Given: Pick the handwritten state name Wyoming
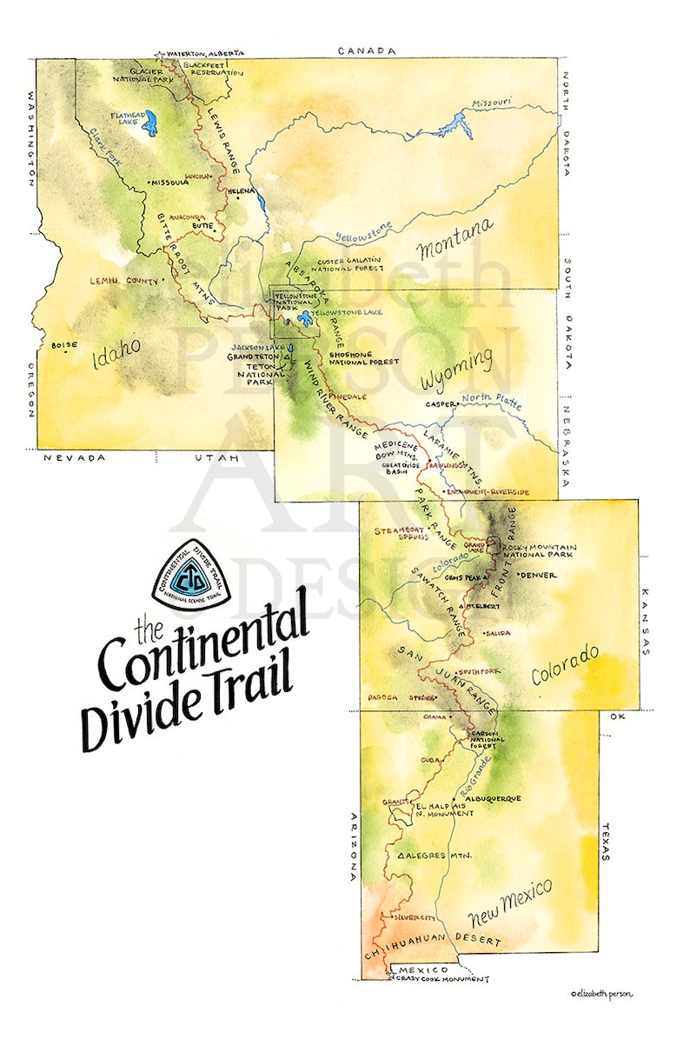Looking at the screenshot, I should pyautogui.click(x=454, y=370).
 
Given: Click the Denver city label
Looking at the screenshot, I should pyautogui.click(x=538, y=576).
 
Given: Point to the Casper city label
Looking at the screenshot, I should pyautogui.click(x=441, y=404).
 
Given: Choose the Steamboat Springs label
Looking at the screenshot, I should pyautogui.click(x=401, y=533).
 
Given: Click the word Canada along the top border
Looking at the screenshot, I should pyautogui.click(x=367, y=51).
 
